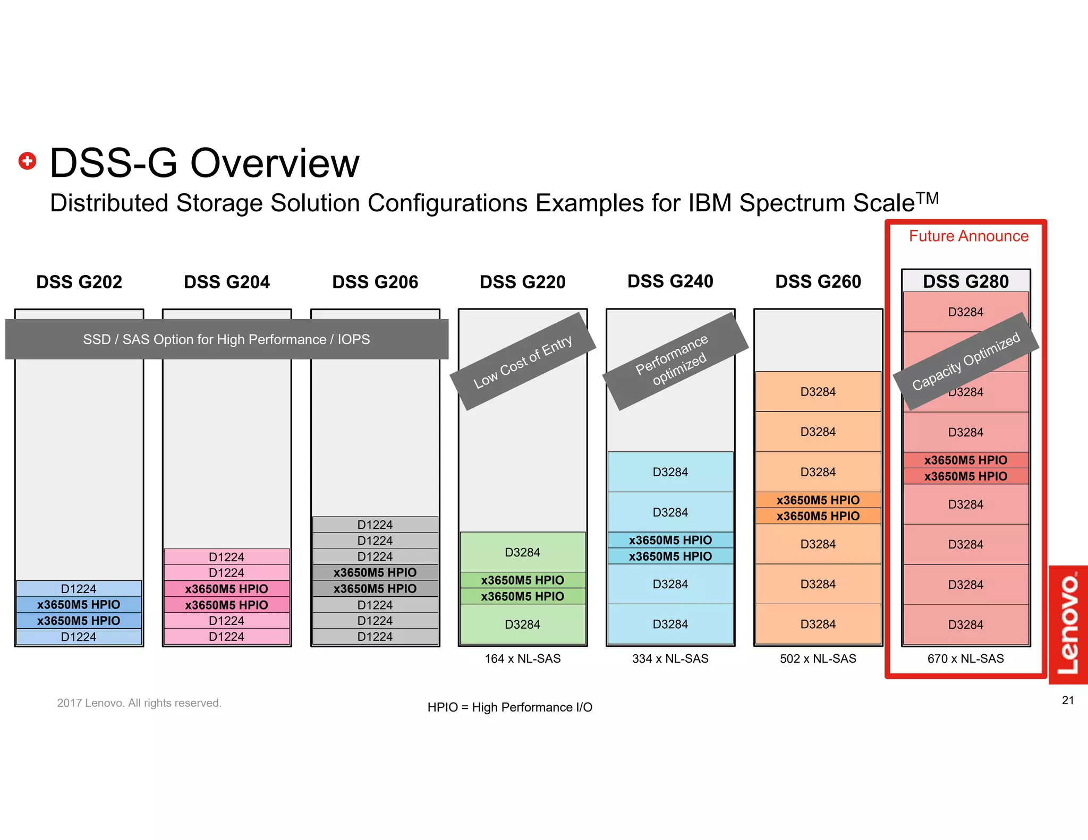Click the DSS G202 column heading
click(79, 282)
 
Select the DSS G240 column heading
click(670, 281)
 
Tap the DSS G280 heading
click(965, 281)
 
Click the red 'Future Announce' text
click(968, 236)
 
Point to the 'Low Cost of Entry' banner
click(523, 362)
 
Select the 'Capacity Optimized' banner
click(966, 361)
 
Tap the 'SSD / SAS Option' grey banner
click(226, 339)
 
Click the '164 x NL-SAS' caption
click(522, 658)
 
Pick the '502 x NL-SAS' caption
click(818, 658)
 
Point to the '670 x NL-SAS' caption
click(965, 658)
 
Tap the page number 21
click(1068, 700)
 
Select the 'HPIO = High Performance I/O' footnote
click(509, 707)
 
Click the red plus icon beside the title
click(28, 161)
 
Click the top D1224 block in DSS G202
click(79, 589)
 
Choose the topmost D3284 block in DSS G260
click(818, 392)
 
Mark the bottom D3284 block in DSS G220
click(522, 624)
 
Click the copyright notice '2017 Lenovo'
click(139, 703)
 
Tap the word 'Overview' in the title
click(275, 163)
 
